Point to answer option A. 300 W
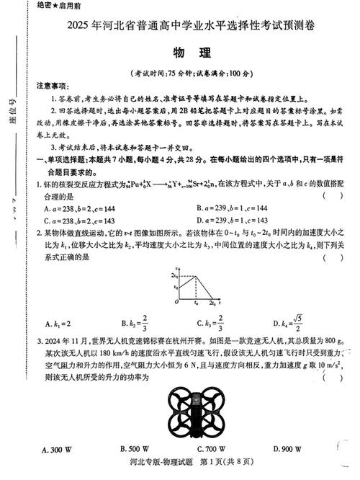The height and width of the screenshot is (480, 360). (57, 450)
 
